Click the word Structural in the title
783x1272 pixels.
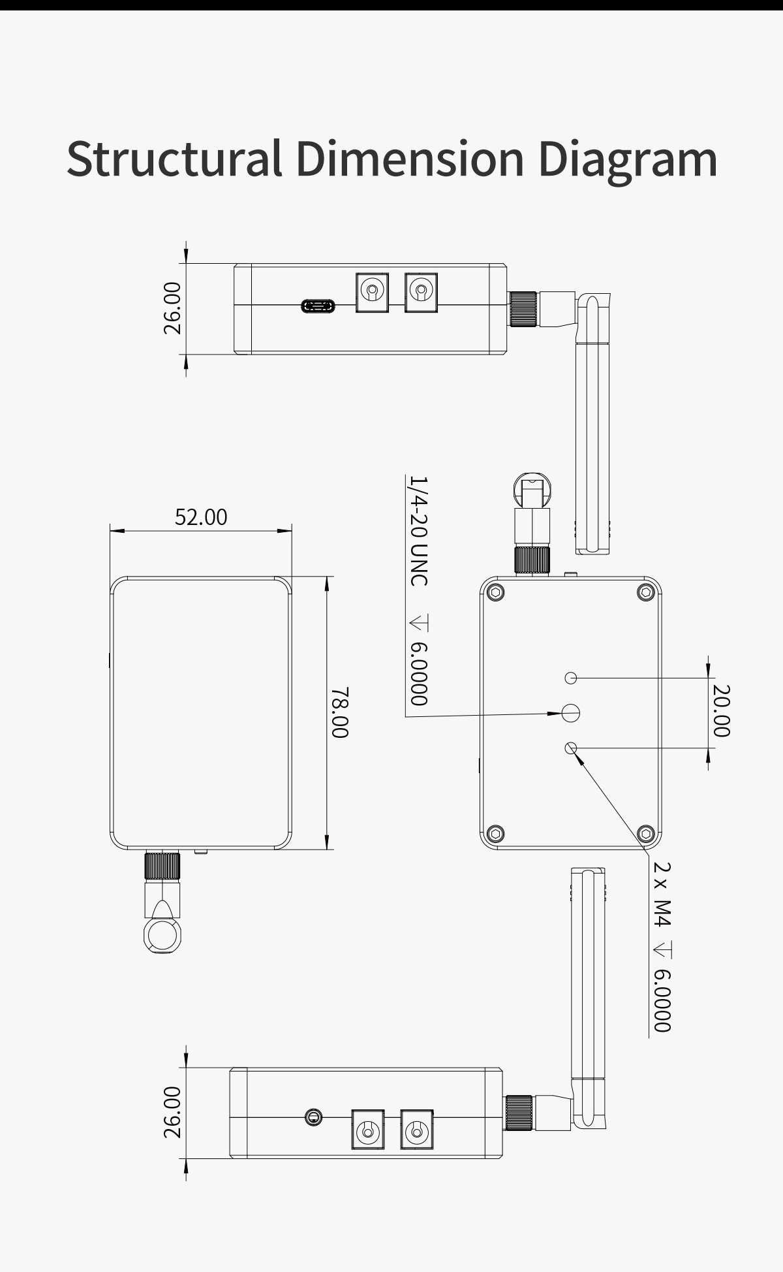(175, 159)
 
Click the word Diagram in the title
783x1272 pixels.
(628, 159)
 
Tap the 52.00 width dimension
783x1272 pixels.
(201, 517)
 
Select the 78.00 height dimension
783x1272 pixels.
(339, 712)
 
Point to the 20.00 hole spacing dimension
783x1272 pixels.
(721, 710)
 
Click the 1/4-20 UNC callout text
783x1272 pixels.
(418, 530)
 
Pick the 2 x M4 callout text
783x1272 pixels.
(662, 894)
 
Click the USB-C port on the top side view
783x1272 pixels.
(318, 306)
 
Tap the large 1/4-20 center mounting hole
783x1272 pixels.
(571, 712)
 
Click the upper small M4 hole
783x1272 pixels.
(571, 678)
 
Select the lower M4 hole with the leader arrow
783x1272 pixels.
(572, 747)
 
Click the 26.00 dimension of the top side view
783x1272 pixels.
(172, 308)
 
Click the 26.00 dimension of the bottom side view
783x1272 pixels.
(172, 1112)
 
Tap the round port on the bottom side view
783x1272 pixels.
(313, 1117)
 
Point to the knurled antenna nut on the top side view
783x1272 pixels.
(524, 309)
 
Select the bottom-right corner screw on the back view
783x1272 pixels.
(646, 833)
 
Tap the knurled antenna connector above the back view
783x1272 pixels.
(532, 560)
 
